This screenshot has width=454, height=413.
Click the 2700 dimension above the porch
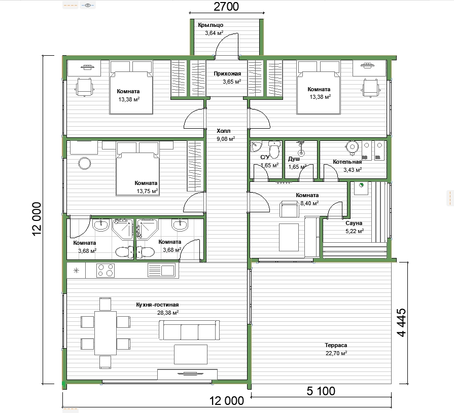pos(226,7)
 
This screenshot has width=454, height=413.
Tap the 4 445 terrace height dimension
pos(402,322)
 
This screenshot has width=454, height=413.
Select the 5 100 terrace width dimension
pos(321,391)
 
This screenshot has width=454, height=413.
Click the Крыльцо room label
pos(211,25)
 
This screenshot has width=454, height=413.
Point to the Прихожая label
pos(227,73)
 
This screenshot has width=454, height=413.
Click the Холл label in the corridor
pos(224,131)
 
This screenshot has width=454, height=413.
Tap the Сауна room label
pos(354,223)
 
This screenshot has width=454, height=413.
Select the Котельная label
pos(347,162)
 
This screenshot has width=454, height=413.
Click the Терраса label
pos(336,345)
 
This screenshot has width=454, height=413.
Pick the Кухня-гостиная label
pos(157,305)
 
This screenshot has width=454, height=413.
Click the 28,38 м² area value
pos(168,313)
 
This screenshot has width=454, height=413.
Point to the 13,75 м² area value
pos(148,191)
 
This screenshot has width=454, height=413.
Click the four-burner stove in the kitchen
pos(106,271)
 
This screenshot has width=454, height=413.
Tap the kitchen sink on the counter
pos(162,271)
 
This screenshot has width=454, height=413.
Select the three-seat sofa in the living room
pos(189,330)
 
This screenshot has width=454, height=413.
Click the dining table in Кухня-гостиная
pos(106,333)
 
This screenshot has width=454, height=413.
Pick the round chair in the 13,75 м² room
pos(85,163)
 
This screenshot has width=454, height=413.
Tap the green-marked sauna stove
pos(361,187)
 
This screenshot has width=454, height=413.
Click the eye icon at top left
pos(88,5)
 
